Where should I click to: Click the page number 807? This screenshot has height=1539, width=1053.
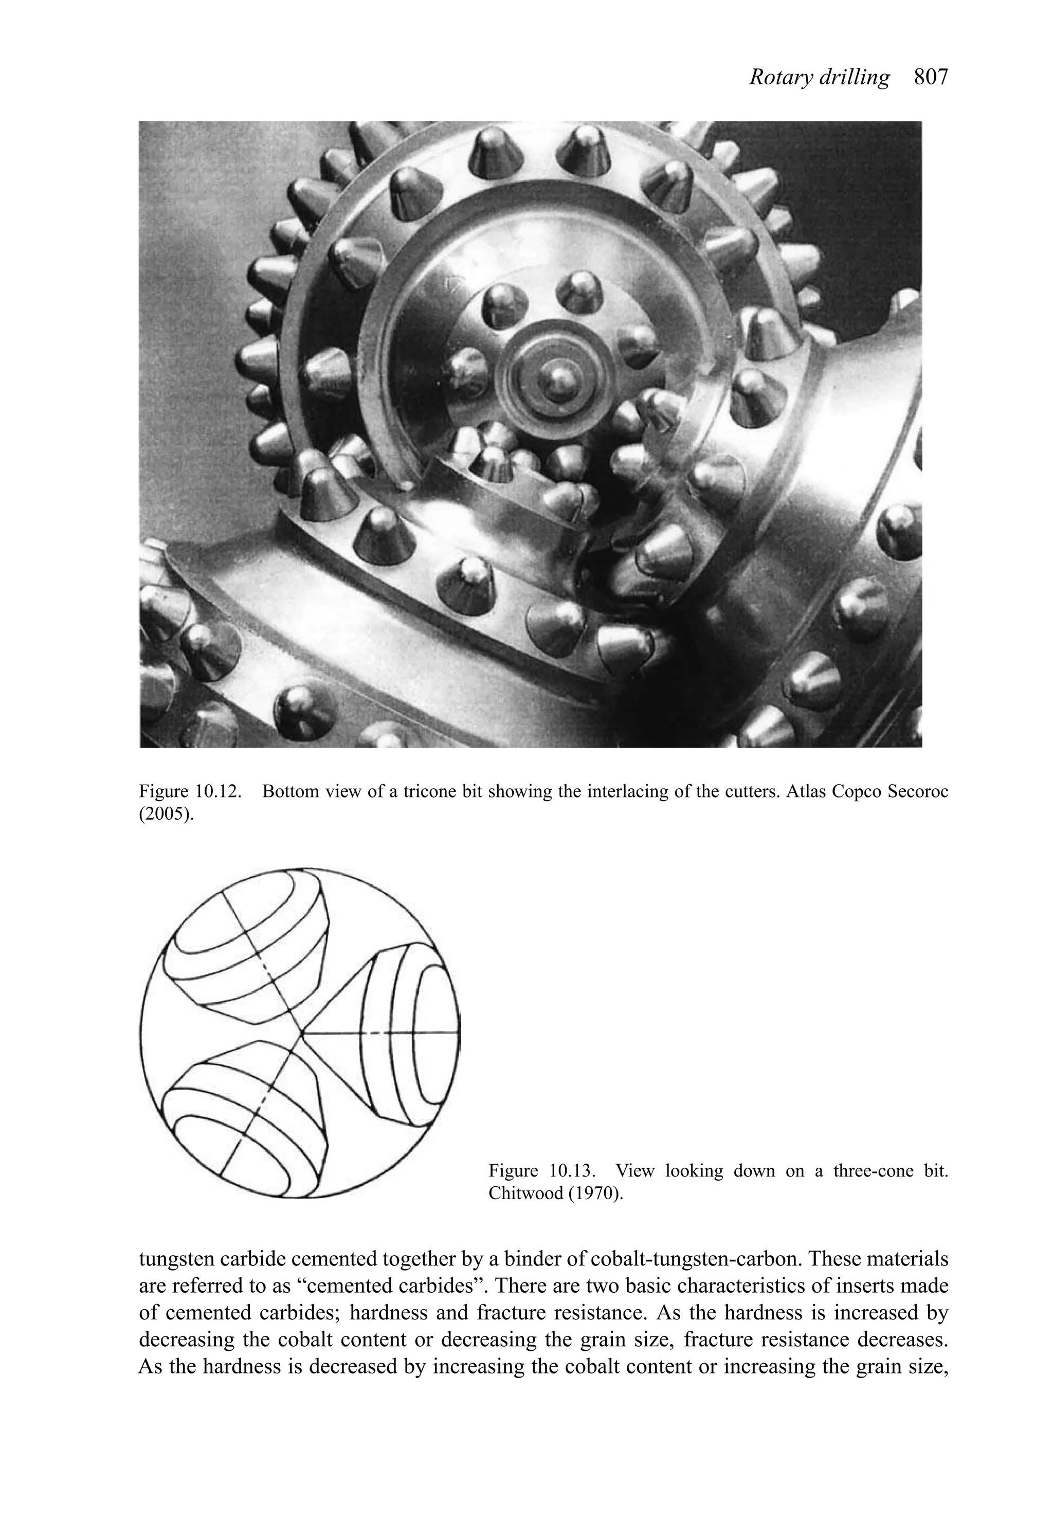tap(931, 78)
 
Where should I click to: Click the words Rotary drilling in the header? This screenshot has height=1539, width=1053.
tap(819, 78)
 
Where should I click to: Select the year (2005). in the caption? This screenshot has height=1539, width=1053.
tap(167, 814)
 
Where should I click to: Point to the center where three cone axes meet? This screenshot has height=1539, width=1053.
tap(302, 1033)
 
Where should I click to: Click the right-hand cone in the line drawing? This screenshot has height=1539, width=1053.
tap(404, 1033)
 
